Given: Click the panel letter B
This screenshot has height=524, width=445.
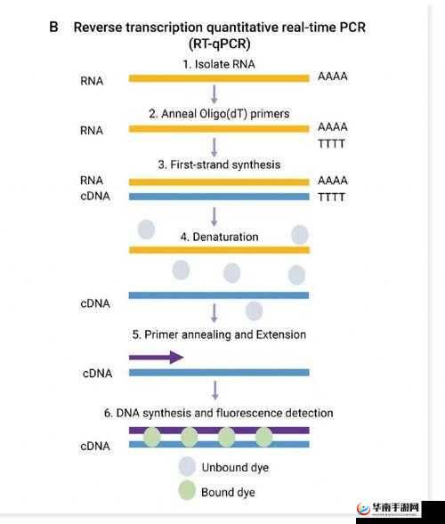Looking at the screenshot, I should pyautogui.click(x=53, y=27).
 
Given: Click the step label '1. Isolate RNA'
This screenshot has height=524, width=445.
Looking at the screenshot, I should pyautogui.click(x=219, y=64).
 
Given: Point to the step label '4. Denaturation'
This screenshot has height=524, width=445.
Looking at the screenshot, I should pyautogui.click(x=219, y=237).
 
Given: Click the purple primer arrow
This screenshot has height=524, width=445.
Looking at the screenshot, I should pyautogui.click(x=156, y=357).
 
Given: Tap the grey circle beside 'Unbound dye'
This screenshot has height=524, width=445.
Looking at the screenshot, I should pyautogui.click(x=187, y=467).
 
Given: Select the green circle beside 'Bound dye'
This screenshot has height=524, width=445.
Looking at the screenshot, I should pyautogui.click(x=187, y=490).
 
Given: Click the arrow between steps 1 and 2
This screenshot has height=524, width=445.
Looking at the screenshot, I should pyautogui.click(x=214, y=93).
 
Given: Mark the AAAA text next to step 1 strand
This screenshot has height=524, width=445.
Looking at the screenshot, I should pyautogui.click(x=332, y=77).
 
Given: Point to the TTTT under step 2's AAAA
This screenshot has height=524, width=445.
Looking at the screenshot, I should pyautogui.click(x=332, y=143).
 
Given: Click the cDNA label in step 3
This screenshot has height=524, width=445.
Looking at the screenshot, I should pyautogui.click(x=95, y=196).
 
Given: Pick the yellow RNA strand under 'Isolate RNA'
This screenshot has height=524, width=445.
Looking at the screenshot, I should pyautogui.click(x=219, y=78).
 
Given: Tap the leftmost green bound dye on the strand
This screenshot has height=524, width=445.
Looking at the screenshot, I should pyautogui.click(x=152, y=437).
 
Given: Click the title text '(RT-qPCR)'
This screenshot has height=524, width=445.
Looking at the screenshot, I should pyautogui.click(x=219, y=44).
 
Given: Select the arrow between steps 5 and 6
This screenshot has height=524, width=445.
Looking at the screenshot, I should pyautogui.click(x=214, y=389).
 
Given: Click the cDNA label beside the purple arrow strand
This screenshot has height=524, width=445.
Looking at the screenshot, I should pyautogui.click(x=95, y=373).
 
